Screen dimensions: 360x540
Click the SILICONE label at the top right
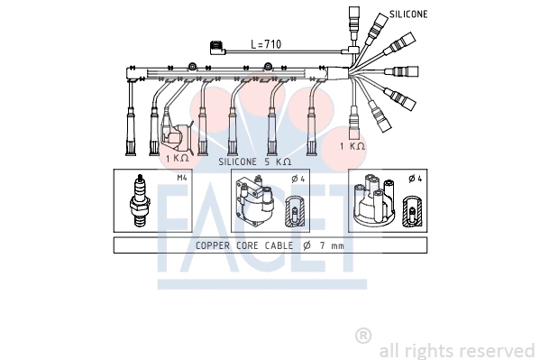coord(408,15)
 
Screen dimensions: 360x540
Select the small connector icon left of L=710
coord(215,48)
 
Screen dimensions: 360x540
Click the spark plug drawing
coord(140,200)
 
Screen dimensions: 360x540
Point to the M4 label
coord(182,178)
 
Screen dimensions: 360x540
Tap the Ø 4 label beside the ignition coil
coord(297,178)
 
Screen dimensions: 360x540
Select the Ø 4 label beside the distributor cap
coord(416,178)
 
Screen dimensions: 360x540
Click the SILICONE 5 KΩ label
coord(255,161)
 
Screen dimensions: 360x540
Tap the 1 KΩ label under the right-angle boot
coord(177,159)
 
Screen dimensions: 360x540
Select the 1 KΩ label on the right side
coord(352,146)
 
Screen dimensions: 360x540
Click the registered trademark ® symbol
coord(363,336)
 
